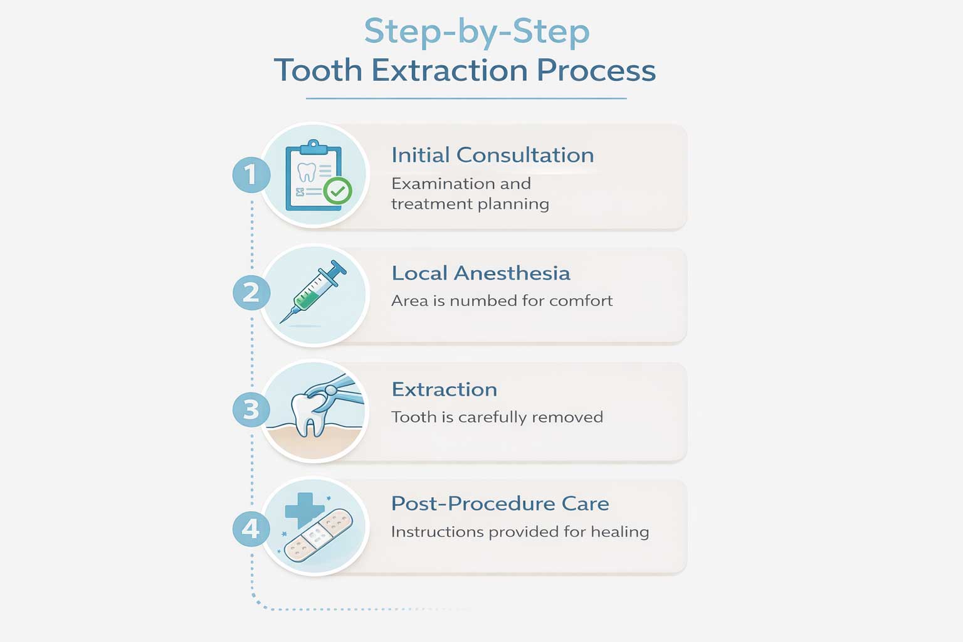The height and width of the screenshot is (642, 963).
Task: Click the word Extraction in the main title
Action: (x=450, y=70)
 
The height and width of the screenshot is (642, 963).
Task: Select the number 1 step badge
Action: (x=251, y=174)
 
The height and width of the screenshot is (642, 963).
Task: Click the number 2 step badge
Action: (x=251, y=292)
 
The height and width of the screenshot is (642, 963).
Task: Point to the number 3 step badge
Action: (x=251, y=409)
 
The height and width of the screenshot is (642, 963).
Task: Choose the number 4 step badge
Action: (x=251, y=528)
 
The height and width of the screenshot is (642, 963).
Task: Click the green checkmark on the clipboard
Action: (x=338, y=191)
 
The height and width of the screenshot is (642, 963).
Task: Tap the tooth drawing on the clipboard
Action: (x=307, y=172)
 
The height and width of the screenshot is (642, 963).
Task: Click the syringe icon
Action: (x=313, y=292)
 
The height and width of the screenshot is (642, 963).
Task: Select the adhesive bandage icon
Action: (x=318, y=535)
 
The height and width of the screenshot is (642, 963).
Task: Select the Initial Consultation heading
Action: (x=493, y=155)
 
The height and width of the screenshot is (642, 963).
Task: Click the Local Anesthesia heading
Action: (x=481, y=273)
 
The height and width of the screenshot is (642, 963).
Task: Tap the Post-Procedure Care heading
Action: (x=500, y=503)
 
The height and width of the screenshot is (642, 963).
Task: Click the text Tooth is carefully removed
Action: (x=497, y=417)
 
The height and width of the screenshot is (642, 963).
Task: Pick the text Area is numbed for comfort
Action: (x=502, y=300)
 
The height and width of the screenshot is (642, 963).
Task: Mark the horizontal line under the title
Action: (x=466, y=98)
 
